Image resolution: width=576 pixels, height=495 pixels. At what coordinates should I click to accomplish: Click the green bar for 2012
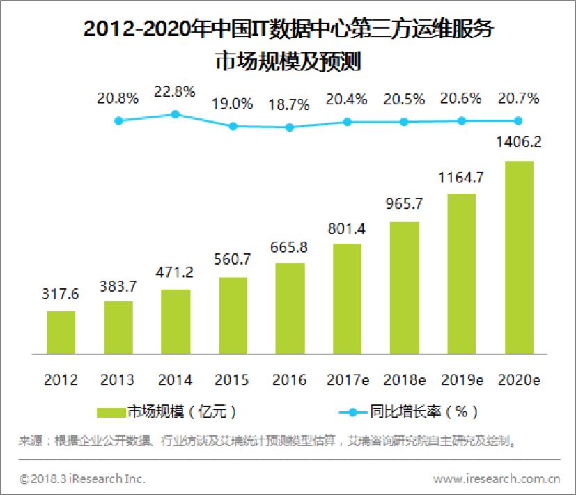pos(61,331)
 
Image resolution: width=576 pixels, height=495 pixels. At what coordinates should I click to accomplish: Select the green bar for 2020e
pos(519,256)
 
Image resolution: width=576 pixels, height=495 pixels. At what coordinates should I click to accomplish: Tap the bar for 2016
pos(290,308)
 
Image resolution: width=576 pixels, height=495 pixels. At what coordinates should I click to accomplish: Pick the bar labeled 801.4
pos(347,298)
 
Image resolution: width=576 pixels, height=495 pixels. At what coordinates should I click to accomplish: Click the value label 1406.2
pos(519,143)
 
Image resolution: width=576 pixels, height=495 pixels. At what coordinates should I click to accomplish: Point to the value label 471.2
pos(176,272)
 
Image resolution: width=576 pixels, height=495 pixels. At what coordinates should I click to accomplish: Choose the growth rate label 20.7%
pos(519,99)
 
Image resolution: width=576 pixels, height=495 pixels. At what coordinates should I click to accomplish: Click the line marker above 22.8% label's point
pos(176,113)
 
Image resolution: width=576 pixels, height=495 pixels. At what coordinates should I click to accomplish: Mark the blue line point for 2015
pos(233,126)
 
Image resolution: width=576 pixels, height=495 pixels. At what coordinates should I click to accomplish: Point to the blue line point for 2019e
pos(462,120)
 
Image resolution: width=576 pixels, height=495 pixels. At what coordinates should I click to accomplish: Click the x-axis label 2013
pos(118,380)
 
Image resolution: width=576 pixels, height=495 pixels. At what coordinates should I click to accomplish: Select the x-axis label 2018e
pos(405,380)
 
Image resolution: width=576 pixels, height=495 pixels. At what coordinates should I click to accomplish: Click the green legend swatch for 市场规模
pos(111,411)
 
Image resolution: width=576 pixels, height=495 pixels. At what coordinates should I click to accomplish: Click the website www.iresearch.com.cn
pos(496,479)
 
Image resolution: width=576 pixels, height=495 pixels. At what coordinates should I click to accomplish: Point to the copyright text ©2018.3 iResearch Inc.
pos(82,479)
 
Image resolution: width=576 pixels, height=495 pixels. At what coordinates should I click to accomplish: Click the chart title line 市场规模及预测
pos(288,61)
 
